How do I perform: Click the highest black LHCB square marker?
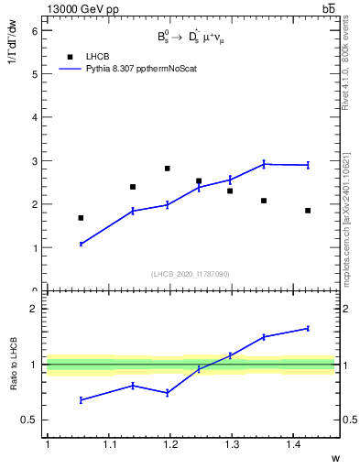coord(167,169)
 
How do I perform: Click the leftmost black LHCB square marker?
coord(81,218)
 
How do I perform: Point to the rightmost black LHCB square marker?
coord(308,211)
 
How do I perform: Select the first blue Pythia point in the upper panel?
coord(81,244)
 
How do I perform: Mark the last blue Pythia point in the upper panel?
coord(308,165)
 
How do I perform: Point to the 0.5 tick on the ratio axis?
coord(30,420)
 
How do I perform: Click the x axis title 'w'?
coord(334,457)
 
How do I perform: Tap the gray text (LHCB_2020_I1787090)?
coord(191,274)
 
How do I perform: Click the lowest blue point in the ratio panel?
coord(81,400)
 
